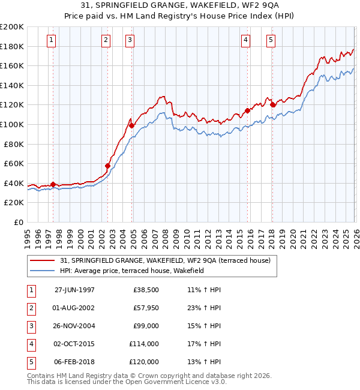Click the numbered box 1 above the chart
[51, 40]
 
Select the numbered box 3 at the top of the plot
[130, 40]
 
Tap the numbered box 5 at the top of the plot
[271, 40]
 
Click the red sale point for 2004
[132, 125]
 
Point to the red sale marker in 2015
[247, 110]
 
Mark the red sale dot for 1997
[53, 184]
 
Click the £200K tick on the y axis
[12, 27]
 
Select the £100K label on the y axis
[12, 124]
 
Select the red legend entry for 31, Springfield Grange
[165, 260]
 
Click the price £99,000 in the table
[146, 325]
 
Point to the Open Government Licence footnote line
[127, 382]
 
